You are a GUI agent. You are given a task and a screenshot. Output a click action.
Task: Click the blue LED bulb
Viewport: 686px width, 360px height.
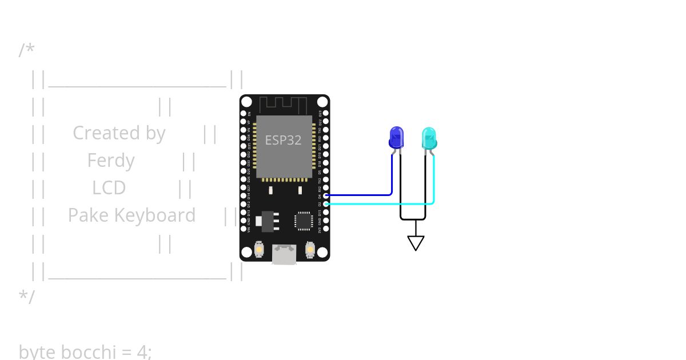396,138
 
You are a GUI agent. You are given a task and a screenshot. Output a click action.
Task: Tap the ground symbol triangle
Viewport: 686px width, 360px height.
416,243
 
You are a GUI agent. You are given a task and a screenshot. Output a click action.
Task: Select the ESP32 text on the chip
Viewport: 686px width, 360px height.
283,140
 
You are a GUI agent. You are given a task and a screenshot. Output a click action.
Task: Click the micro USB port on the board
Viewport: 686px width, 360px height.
284,254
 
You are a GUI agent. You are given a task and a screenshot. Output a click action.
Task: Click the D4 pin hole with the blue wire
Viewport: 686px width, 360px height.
325,195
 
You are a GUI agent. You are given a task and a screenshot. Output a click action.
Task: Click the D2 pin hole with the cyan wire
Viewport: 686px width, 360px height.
325,203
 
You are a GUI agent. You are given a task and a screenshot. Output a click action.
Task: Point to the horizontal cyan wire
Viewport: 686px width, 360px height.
377,203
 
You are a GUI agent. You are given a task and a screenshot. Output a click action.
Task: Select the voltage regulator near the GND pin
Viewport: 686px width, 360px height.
267,222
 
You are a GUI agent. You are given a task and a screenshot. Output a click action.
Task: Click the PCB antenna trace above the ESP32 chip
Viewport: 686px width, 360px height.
284,105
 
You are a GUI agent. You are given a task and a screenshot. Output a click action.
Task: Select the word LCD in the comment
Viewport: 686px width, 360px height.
109,188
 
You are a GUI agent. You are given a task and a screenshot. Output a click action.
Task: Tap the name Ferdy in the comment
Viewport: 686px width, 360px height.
111,161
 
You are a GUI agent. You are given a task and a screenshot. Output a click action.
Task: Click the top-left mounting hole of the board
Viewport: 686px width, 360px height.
246,102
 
